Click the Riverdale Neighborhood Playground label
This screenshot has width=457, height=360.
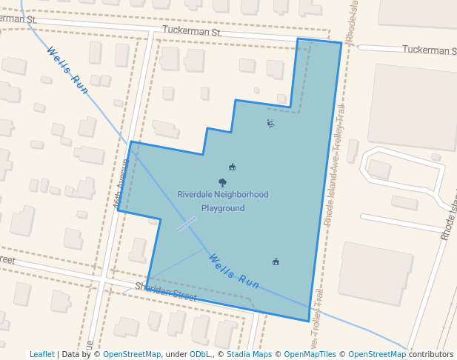pos(222,201)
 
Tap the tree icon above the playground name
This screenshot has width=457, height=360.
pos(222,182)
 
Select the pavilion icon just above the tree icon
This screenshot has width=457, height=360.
pos(232,167)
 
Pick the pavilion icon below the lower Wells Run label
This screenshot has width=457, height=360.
pos(276,261)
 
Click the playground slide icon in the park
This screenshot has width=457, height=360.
pos(270,124)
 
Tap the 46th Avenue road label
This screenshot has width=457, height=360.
pos(120,182)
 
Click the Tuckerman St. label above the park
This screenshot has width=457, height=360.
pos(192,33)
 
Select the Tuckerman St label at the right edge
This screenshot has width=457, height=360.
pos(429,50)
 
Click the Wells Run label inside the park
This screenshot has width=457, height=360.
pos(234,271)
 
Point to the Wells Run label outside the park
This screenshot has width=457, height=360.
pos(68,70)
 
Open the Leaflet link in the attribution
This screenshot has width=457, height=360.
pos(42,355)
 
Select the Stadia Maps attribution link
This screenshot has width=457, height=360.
pos(249,355)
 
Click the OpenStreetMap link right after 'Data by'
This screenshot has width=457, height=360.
pos(132,355)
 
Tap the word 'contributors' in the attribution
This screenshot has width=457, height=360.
pos(431,355)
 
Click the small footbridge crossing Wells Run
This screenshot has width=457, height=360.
pos(186,223)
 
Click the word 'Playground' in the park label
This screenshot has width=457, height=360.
pos(222,208)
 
